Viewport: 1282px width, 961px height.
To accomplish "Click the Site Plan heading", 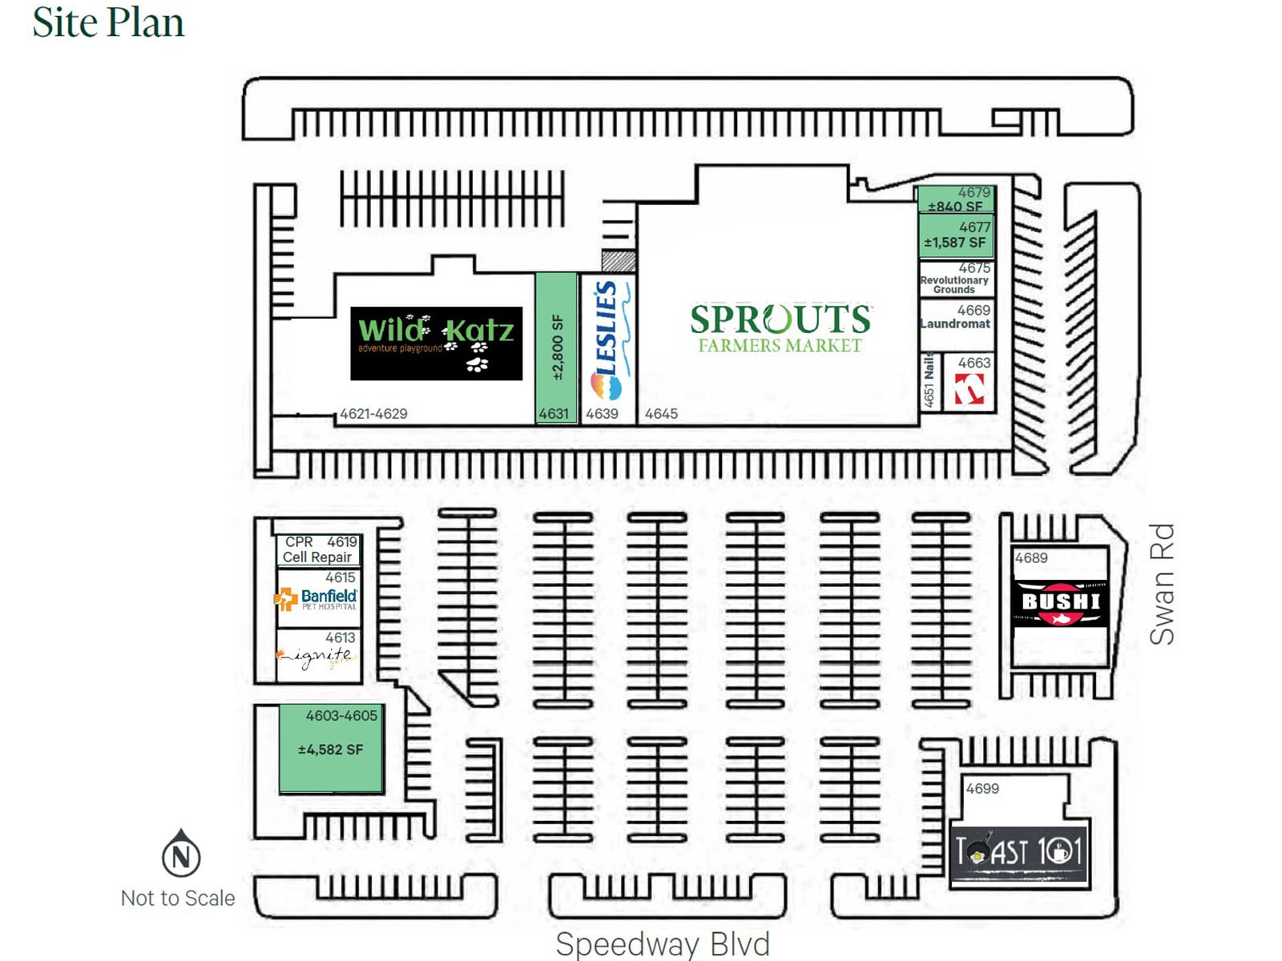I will (x=108, y=22).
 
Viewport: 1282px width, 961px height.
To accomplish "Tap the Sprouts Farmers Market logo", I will (x=780, y=328).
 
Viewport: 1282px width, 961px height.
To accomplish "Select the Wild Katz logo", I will (x=436, y=343).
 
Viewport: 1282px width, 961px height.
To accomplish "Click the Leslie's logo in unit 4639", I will (x=607, y=341).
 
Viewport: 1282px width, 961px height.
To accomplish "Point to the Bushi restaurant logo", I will (x=1060, y=602).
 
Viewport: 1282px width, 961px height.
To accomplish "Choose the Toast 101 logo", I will (x=1018, y=852).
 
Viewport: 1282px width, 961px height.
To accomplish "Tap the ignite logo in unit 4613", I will (x=316, y=657).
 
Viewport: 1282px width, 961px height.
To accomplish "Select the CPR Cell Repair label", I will (x=318, y=549).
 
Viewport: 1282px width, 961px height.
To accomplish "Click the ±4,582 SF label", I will (x=330, y=750).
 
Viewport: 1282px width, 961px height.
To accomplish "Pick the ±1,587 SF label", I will (x=954, y=242).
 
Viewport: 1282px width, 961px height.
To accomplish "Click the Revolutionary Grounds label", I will (x=954, y=284).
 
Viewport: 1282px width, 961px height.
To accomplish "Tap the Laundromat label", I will (x=955, y=324).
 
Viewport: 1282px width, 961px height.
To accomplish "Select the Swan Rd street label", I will (x=1162, y=584).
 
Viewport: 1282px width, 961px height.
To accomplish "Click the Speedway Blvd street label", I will (x=663, y=944).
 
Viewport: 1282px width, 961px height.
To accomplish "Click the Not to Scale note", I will (x=178, y=899).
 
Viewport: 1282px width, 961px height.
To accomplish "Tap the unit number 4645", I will (x=661, y=414).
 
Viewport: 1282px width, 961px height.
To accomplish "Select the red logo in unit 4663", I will (x=970, y=390).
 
